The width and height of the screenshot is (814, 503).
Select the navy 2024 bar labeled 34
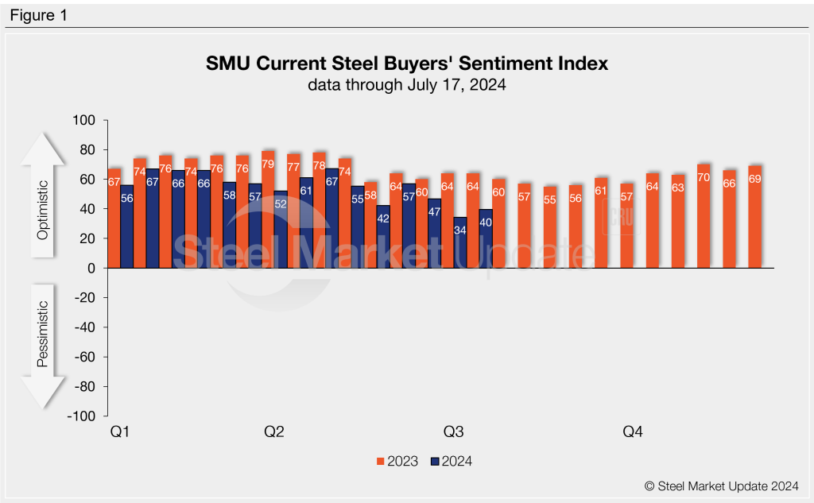[x=460, y=242]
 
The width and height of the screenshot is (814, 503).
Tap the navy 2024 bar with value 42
[x=383, y=237]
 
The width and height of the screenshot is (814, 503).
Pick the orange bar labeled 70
[x=704, y=216]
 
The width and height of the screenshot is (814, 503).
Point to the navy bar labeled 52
[x=281, y=230]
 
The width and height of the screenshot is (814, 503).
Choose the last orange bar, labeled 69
[x=754, y=217]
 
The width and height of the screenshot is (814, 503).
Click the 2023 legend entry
[x=397, y=461]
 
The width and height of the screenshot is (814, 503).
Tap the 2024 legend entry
[x=451, y=461]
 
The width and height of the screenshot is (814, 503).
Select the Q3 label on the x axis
[x=453, y=432]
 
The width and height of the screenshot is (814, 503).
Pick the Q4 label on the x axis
[x=632, y=432]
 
